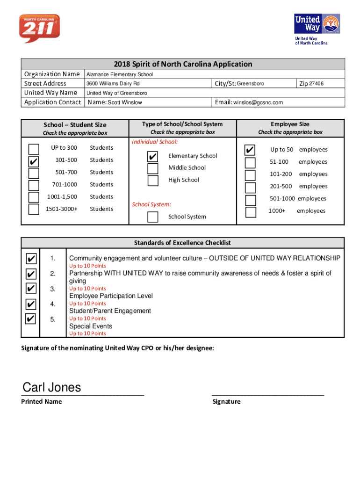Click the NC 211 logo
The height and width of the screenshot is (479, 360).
[x=39, y=29]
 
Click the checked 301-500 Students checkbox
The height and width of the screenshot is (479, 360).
[x=34, y=161]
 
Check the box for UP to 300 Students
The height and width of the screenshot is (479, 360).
[x=34, y=149]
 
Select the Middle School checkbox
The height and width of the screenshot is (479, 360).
[x=152, y=168]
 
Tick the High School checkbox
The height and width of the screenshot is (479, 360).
[x=152, y=181]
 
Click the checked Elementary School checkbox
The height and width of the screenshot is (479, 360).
[x=152, y=156]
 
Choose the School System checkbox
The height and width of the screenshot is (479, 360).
[x=152, y=217]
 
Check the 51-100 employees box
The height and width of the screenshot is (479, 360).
[x=251, y=162]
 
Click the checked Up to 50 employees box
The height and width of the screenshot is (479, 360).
[x=251, y=150]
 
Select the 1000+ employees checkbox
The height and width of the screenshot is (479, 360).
[x=251, y=212]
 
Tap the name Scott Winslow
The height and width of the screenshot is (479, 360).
[x=125, y=102]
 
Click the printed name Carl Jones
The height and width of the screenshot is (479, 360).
[x=52, y=388]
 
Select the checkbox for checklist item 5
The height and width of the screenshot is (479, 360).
[x=31, y=319]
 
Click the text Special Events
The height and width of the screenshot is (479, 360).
[x=91, y=326]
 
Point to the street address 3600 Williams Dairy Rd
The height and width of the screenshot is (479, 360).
[x=113, y=84]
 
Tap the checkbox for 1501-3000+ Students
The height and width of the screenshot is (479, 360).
[x=34, y=209]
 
